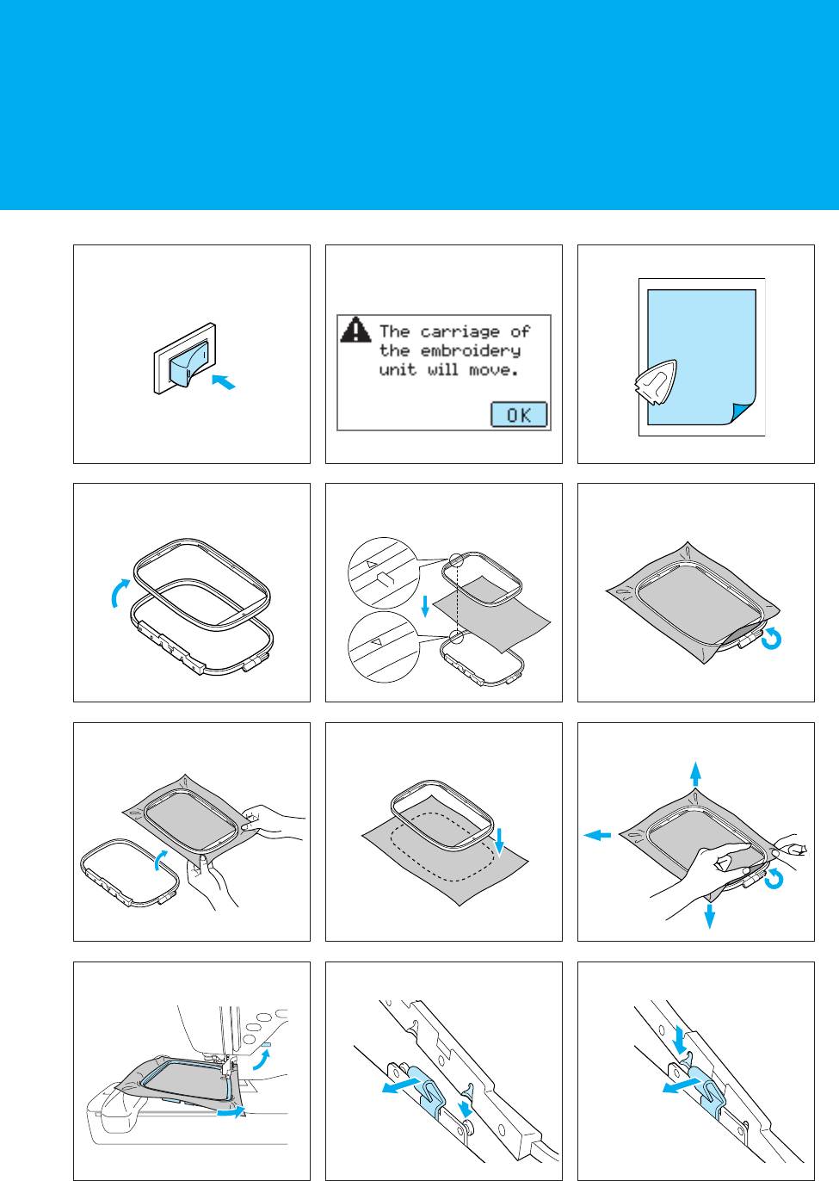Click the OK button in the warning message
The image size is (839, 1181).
[519, 414]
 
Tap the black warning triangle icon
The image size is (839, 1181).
[355, 330]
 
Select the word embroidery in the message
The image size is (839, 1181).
[470, 351]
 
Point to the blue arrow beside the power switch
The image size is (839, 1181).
[224, 381]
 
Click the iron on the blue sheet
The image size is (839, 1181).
[656, 382]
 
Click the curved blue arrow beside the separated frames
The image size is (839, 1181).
[120, 592]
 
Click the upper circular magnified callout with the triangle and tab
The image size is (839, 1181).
[383, 573]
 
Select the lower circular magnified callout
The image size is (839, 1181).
[383, 647]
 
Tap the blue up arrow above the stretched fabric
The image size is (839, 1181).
[696, 774]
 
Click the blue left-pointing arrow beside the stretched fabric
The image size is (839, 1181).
[597, 835]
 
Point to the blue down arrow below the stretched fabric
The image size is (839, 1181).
[710, 916]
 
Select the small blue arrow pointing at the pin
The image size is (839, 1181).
[465, 1108]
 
